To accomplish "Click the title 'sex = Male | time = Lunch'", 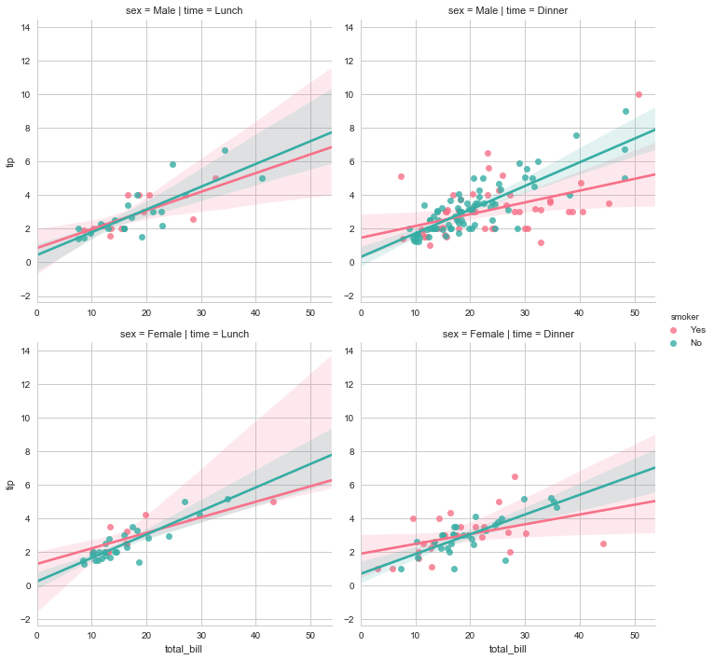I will pyautogui.click(x=184, y=10).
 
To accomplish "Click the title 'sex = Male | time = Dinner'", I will pyautogui.click(x=508, y=10).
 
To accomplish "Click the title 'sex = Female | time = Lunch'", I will pyautogui.click(x=184, y=334).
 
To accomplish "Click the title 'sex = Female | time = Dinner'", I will pyautogui.click(x=508, y=334).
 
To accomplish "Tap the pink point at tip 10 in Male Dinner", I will pyautogui.click(x=638, y=94).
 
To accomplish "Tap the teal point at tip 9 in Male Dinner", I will pyautogui.click(x=625, y=111).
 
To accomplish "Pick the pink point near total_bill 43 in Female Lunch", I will pyautogui.click(x=273, y=502).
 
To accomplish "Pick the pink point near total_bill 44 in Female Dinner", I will pyautogui.click(x=603, y=543).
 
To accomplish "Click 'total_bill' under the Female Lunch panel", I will pyautogui.click(x=184, y=649).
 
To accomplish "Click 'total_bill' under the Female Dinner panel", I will pyautogui.click(x=508, y=649).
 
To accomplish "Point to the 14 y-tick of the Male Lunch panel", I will pyautogui.click(x=25, y=27).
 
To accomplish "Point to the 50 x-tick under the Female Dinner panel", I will pyautogui.click(x=634, y=635).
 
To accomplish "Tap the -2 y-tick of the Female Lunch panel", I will pyautogui.click(x=25, y=619).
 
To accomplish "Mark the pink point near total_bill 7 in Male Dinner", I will pyautogui.click(x=401, y=176).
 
